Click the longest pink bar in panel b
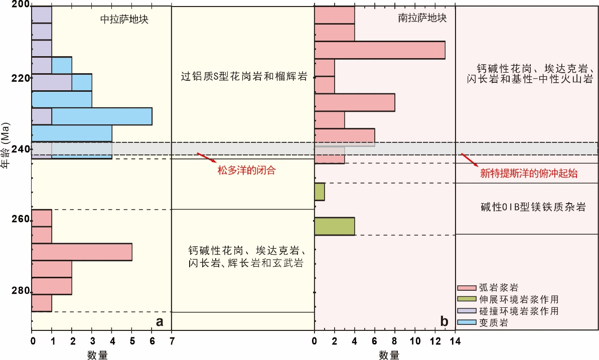(x=380, y=50)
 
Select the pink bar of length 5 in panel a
(x=82, y=252)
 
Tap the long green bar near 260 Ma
(x=335, y=226)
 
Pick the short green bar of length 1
(x=320, y=192)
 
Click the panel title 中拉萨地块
(x=124, y=20)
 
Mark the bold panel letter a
(x=160, y=321)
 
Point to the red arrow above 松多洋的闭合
(x=207, y=157)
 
